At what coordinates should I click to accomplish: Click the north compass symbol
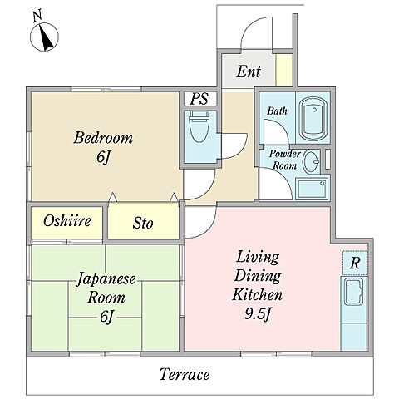coord(44,37)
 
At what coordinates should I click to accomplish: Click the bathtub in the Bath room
coord(313,119)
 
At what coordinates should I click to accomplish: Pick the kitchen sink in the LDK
coord(353,292)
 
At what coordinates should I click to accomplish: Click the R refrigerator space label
coord(355,263)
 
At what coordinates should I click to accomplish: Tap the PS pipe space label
coord(199,99)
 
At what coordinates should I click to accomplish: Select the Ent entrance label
coord(249,71)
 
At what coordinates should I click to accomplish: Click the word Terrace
coord(185,374)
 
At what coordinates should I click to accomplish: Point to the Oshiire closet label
coord(67,220)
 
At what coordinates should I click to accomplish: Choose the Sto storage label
coord(143,223)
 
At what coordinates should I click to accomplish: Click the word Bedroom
coord(103,138)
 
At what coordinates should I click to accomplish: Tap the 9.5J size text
coord(258,314)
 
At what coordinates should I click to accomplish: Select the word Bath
coord(277,111)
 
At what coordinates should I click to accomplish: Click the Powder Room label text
coord(285,160)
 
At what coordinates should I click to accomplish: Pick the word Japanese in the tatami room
coord(106,279)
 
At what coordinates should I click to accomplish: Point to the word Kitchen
coord(258,294)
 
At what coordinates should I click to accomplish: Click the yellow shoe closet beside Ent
coord(284,70)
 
